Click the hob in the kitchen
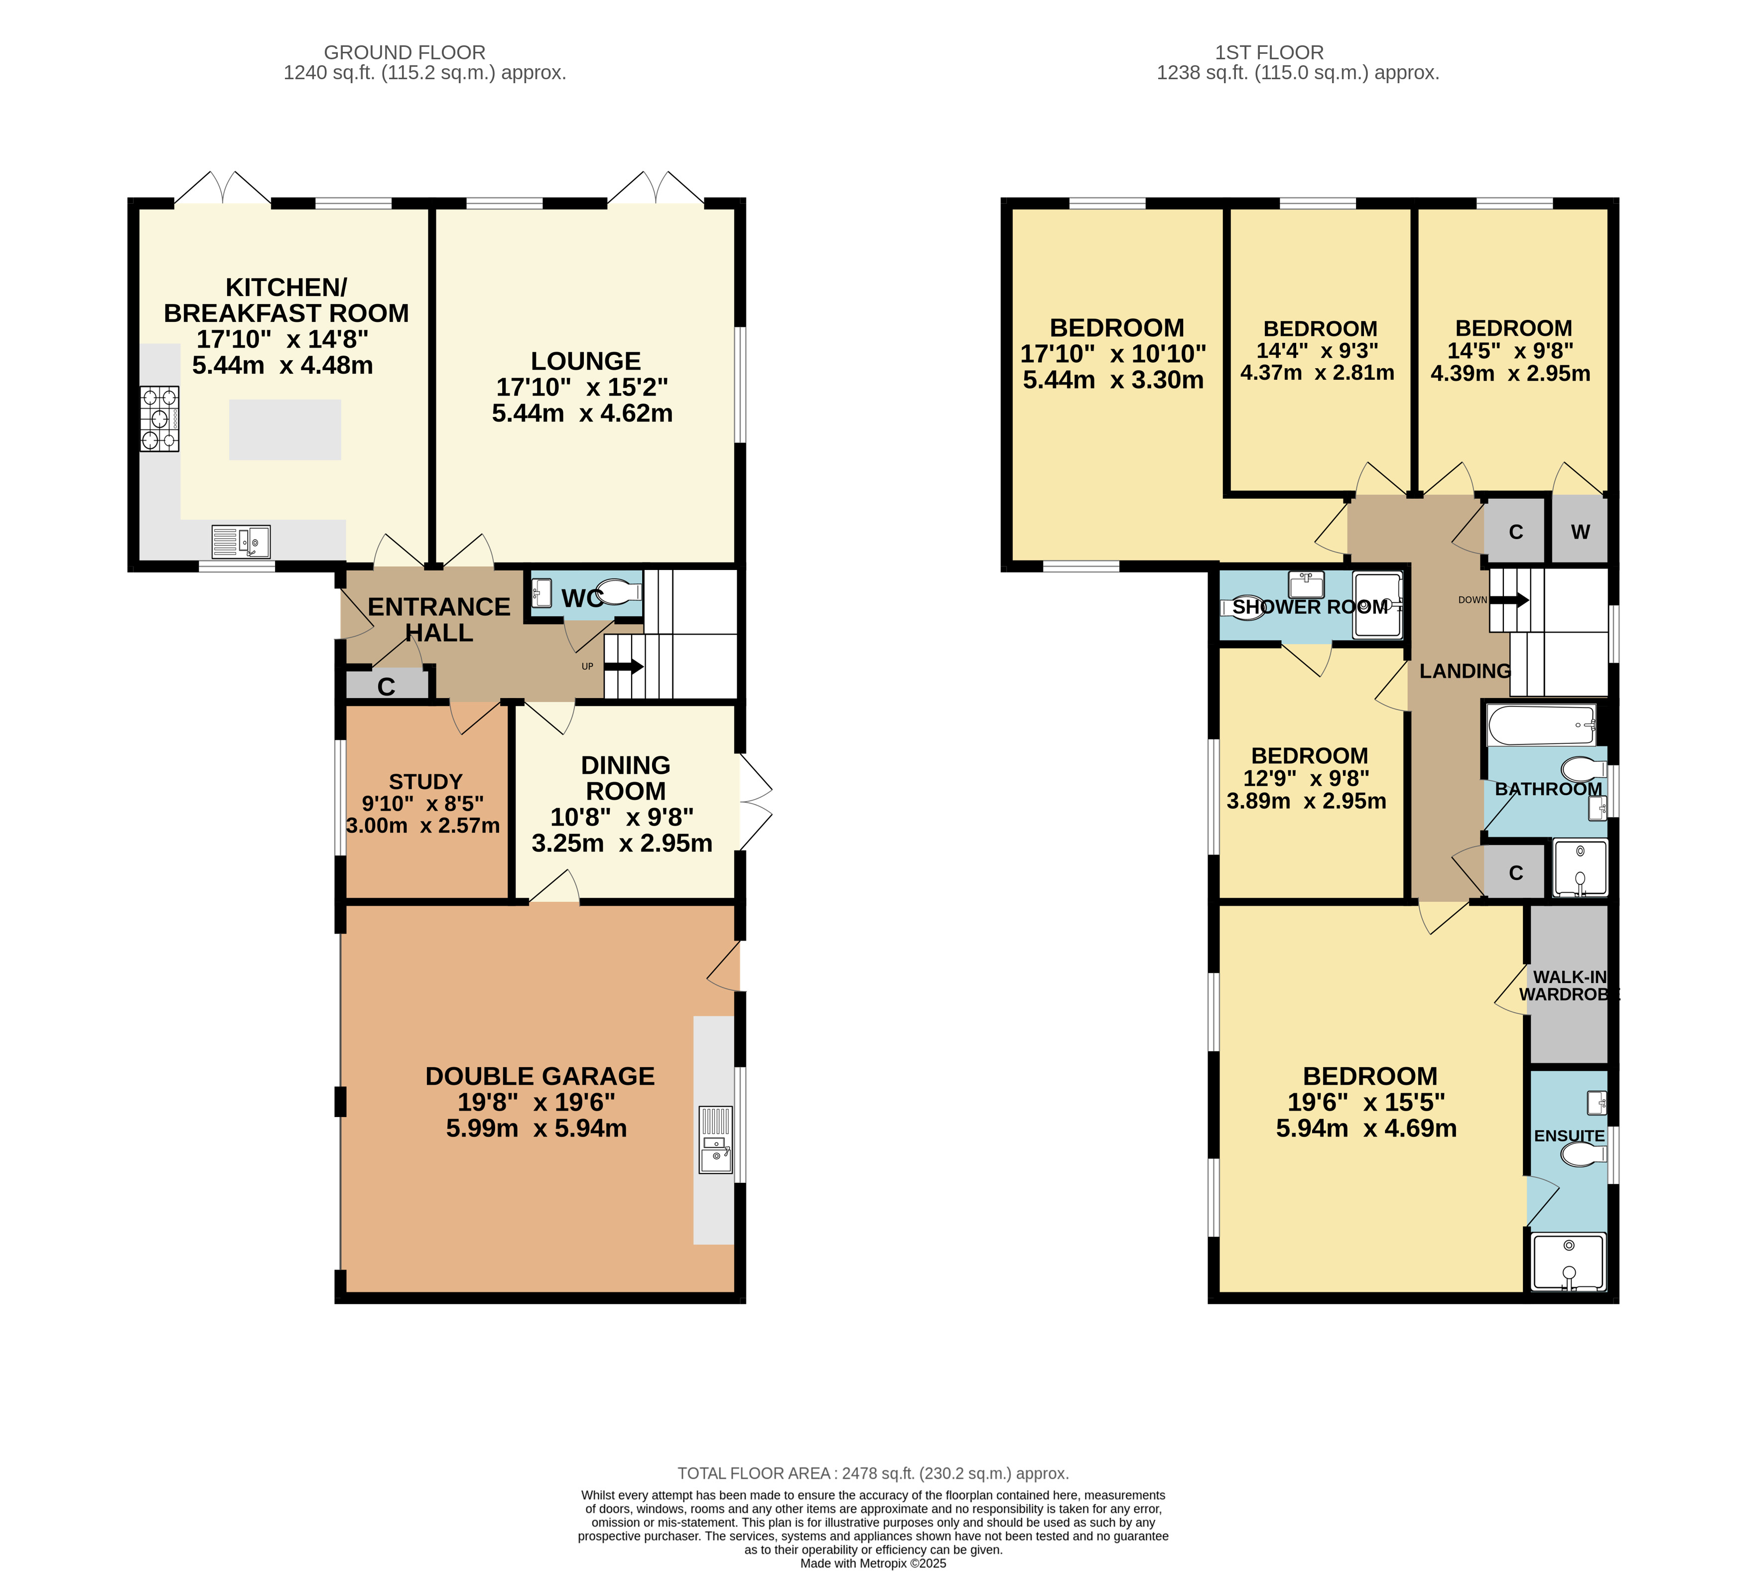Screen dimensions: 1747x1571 coord(160,419)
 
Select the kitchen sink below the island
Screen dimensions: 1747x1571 coord(241,541)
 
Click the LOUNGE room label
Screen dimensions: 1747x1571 coord(585,361)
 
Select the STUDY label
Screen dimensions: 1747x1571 coord(425,782)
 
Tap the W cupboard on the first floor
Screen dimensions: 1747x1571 coord(1580,531)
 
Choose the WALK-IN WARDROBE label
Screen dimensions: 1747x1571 coord(1569,985)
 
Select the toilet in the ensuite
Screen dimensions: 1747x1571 coord(1585,1154)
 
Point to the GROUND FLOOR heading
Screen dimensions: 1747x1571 coord(405,53)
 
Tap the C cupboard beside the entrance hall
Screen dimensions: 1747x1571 coord(387,686)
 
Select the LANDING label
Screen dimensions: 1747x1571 coord(1465,671)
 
